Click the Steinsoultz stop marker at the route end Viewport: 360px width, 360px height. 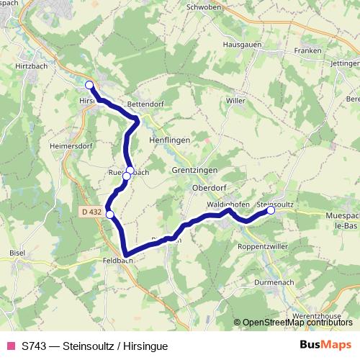[x=271, y=211]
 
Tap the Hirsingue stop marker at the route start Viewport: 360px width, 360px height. [x=89, y=86]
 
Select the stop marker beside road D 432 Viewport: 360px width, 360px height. [x=109, y=214]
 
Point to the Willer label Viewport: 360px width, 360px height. [x=235, y=101]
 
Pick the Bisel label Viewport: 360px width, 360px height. [x=18, y=254]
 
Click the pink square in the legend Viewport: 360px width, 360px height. [x=10, y=346]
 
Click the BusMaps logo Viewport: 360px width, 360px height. [x=325, y=345]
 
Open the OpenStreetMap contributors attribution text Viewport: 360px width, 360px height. [x=297, y=323]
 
